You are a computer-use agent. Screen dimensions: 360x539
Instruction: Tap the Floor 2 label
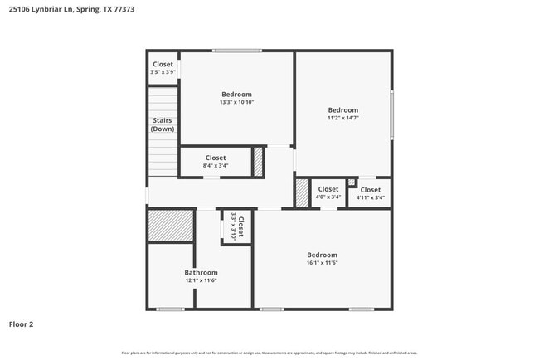[x=21, y=324]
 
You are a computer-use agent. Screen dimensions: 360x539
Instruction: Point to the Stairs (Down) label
[x=163, y=124]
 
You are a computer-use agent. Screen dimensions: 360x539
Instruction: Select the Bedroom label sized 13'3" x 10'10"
[x=236, y=95]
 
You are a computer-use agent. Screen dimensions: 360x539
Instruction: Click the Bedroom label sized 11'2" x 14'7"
[x=342, y=110]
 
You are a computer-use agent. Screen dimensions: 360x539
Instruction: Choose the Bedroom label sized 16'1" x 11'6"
[x=323, y=255]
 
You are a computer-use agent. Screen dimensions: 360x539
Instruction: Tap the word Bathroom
[x=201, y=272]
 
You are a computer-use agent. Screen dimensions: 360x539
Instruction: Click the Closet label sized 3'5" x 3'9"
[x=163, y=64]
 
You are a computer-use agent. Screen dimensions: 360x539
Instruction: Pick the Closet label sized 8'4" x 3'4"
[x=215, y=158]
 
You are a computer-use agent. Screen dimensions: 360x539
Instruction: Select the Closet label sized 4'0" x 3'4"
[x=328, y=189]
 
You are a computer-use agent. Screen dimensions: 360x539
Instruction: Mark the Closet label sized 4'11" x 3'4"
[x=370, y=190]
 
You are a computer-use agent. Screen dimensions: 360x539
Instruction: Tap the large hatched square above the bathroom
[x=171, y=225]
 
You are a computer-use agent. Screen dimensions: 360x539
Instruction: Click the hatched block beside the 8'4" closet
[x=258, y=160]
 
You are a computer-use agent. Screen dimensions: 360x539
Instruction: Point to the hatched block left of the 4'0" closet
[x=302, y=192]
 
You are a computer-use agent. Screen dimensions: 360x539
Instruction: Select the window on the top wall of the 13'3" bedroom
[x=237, y=51]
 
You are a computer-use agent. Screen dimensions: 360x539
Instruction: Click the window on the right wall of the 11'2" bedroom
[x=391, y=114]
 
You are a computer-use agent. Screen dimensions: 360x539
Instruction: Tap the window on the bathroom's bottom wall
[x=170, y=309]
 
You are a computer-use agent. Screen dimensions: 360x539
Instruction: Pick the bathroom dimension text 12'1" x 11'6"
[x=201, y=280]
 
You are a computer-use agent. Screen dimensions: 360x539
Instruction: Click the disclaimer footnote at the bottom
[x=269, y=353]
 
